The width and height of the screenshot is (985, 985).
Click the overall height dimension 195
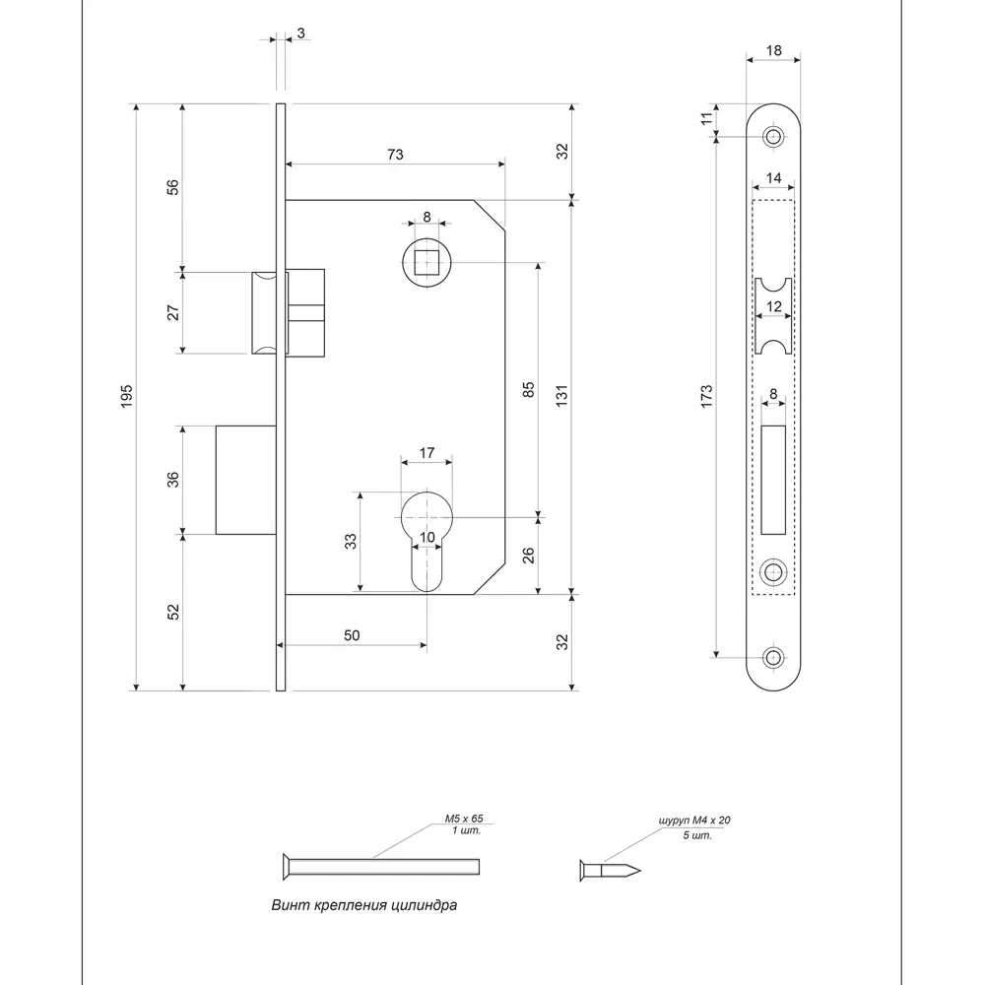point(126,396)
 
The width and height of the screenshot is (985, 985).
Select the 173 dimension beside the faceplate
point(706,396)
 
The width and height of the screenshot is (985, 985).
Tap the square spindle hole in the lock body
point(427,264)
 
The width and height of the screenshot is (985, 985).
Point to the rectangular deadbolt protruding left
point(244,480)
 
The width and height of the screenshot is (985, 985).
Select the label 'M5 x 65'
point(463,819)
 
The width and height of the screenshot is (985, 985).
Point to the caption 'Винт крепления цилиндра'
point(363,905)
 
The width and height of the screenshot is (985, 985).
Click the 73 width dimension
point(395,155)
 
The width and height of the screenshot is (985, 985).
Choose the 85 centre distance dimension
point(527,389)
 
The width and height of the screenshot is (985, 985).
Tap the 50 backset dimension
point(351,635)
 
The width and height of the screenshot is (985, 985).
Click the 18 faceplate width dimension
point(772,49)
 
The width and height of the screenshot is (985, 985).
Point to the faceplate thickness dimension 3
point(299,33)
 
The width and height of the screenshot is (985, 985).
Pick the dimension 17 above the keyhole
point(427,453)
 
